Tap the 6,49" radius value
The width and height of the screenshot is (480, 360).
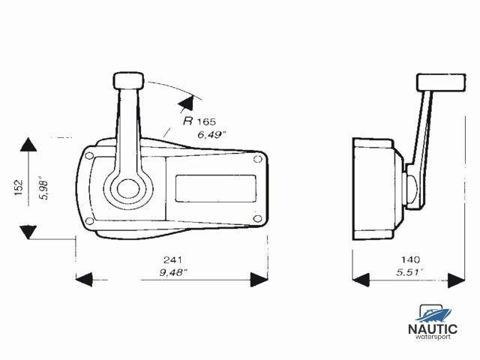click(212, 136)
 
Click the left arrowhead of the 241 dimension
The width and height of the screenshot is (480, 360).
click(85, 280)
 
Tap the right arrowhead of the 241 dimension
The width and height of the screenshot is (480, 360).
click(259, 280)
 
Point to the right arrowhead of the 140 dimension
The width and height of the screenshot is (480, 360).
click(455, 280)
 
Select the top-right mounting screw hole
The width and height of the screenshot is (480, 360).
click(258, 158)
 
